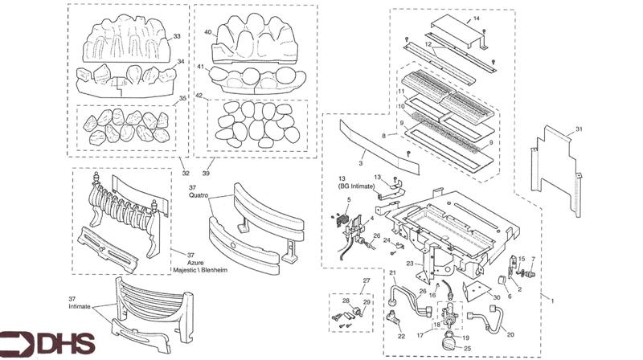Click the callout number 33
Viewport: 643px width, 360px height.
pos(177,36)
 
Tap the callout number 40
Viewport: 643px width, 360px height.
pos(208,33)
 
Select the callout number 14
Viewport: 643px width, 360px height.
pos(498,18)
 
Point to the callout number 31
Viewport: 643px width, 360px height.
pos(579,129)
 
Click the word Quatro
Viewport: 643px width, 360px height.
pos(200,195)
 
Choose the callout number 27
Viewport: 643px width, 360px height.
pos(366,280)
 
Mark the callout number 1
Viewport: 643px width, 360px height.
pos(551,299)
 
